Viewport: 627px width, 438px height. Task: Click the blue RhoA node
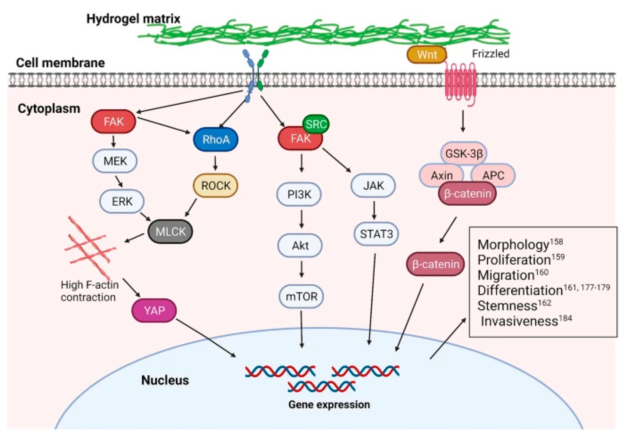[216, 139]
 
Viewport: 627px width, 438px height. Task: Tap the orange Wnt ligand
[427, 55]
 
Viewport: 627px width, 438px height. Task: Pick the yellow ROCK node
[216, 185]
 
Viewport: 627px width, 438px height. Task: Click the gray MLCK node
[170, 231]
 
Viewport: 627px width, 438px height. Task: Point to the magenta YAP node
[154, 310]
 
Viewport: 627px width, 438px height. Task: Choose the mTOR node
[301, 296]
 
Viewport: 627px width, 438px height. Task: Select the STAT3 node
[376, 234]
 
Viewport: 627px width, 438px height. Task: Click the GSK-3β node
[464, 153]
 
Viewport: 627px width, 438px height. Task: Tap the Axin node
[441, 175]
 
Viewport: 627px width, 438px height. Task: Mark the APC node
[493, 175]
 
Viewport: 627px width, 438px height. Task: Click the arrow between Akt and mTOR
[301, 269]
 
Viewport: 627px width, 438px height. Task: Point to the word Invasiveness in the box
[519, 321]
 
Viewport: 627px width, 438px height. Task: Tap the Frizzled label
[490, 54]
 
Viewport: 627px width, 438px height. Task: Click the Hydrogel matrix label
[133, 19]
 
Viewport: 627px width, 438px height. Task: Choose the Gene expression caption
[329, 404]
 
